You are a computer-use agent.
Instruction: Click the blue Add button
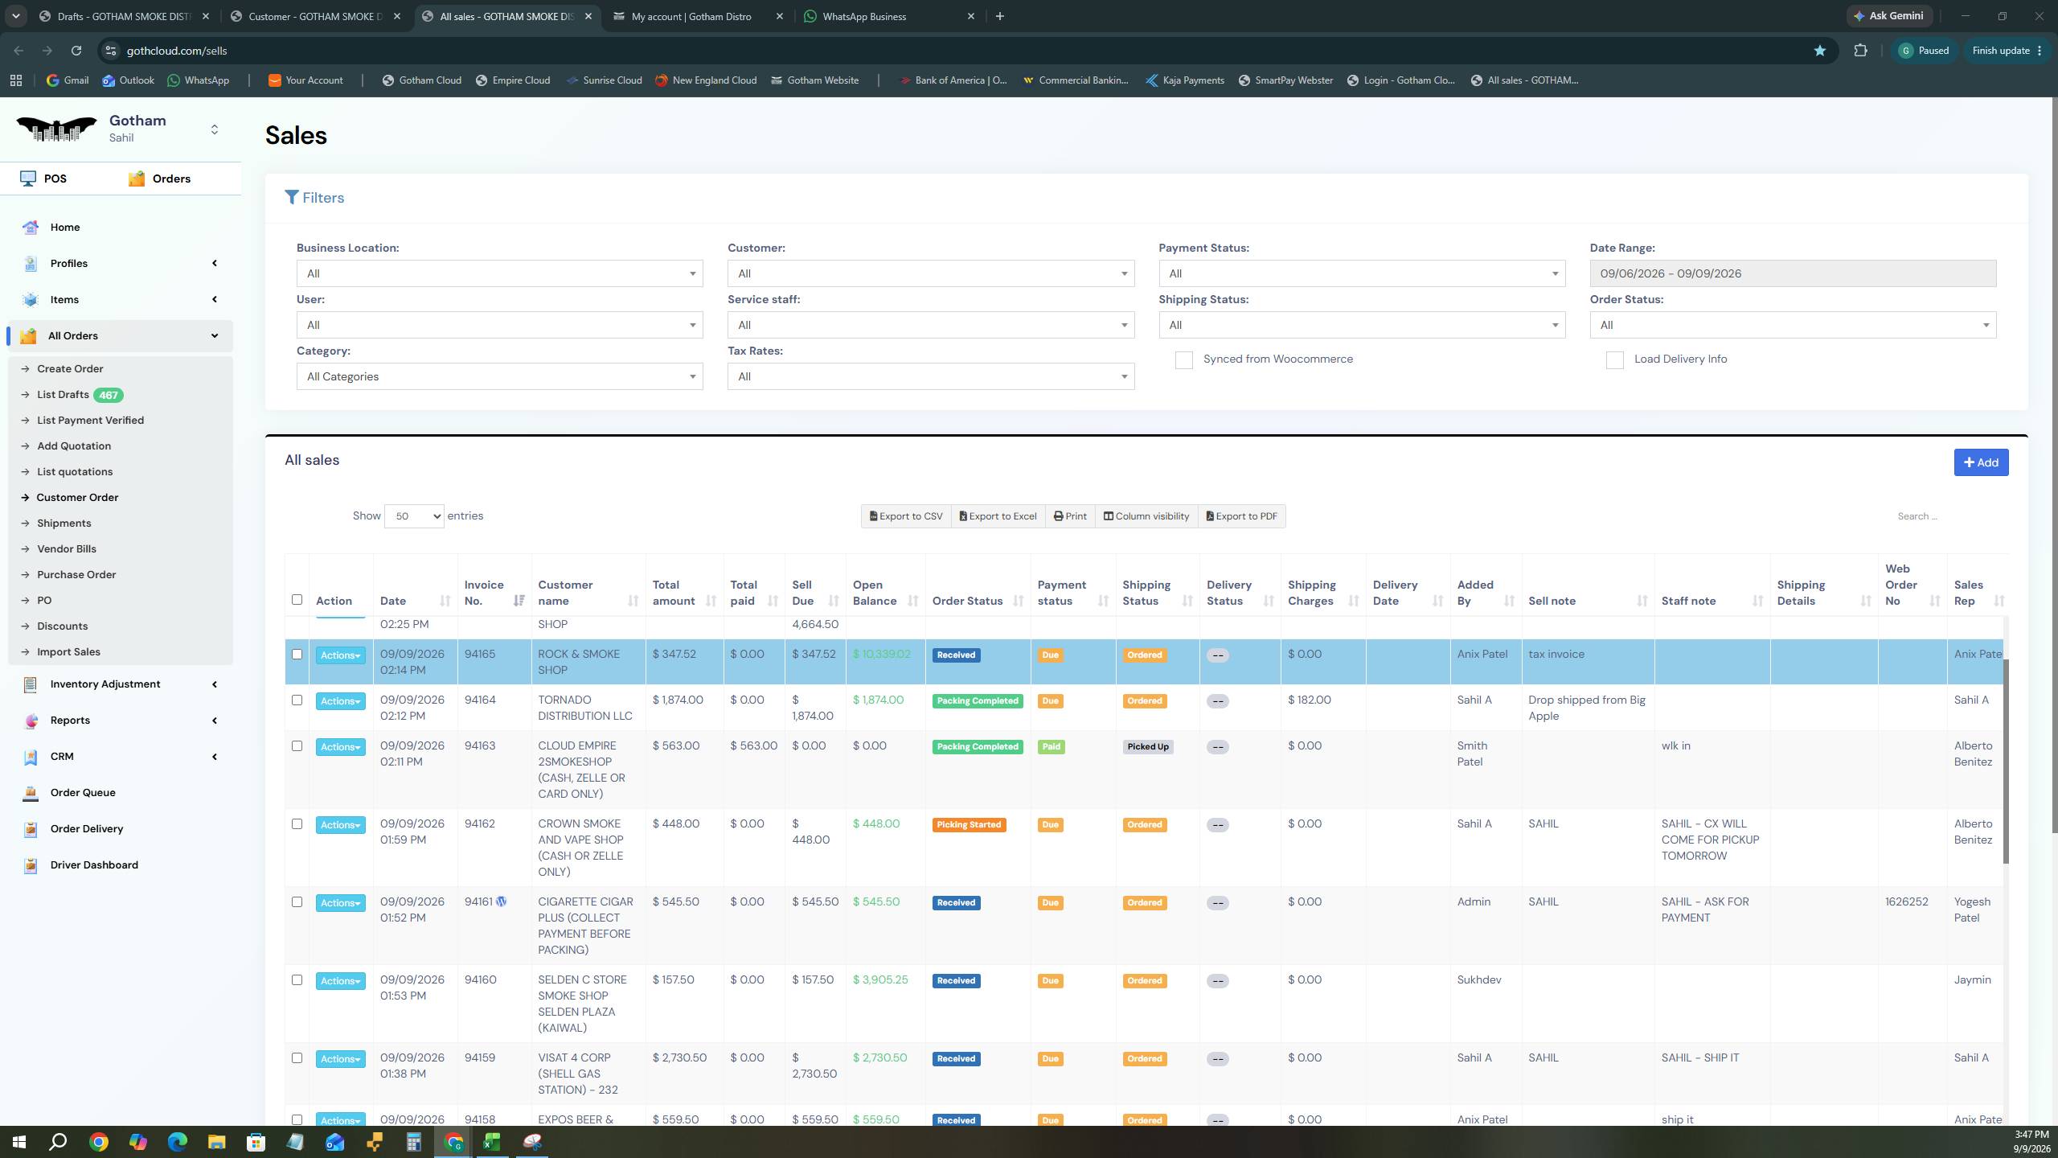(x=1981, y=462)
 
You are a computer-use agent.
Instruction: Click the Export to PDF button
(x=1242, y=516)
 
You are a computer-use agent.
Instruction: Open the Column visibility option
(x=1146, y=516)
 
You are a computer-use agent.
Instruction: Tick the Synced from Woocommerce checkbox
(x=1183, y=360)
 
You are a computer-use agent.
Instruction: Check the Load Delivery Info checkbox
(x=1614, y=360)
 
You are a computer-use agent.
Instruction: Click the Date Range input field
(x=1793, y=273)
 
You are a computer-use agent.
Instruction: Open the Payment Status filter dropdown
(x=1362, y=273)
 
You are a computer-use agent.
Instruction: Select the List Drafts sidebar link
(x=63, y=395)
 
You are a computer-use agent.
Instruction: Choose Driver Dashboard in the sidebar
(x=94, y=865)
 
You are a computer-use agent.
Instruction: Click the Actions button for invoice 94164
(x=340, y=701)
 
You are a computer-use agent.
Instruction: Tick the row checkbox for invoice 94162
(x=297, y=824)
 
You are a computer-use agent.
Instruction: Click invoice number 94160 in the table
(x=480, y=980)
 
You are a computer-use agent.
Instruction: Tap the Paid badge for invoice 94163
(x=1051, y=747)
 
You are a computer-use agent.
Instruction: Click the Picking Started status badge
(x=969, y=825)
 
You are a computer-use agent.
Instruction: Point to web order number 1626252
(x=1906, y=902)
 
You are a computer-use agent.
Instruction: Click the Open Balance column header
(x=874, y=593)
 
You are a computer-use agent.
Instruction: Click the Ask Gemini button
(x=1889, y=16)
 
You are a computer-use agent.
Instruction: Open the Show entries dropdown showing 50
(x=414, y=516)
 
